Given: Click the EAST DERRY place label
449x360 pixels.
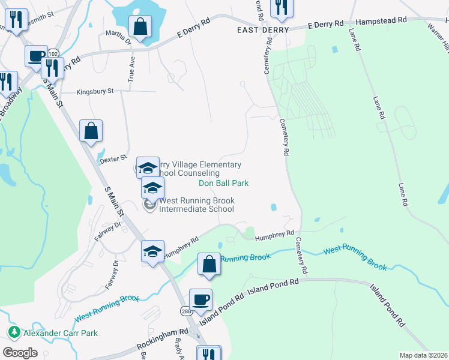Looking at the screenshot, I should point(263,29).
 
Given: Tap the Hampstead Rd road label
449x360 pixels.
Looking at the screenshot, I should point(381,20).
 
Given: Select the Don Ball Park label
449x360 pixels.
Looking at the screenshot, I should point(223,183).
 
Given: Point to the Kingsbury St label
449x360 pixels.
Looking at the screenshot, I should point(95,92).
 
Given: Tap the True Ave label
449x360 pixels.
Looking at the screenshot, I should point(131,70).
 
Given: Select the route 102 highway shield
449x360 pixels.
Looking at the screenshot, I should point(53,53).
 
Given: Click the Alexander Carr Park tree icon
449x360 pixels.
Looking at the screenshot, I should point(13,332).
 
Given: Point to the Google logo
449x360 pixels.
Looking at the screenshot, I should point(20,353).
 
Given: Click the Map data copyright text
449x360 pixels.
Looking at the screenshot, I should point(423,355).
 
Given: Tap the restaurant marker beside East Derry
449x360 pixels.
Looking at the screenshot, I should point(279,7).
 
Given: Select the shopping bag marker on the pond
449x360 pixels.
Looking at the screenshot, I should point(140,27).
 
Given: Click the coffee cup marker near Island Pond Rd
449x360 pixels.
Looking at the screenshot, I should point(200,299).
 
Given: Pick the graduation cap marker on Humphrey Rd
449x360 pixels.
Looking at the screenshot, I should point(152,251).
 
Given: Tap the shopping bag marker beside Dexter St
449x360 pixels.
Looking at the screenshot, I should point(91,131).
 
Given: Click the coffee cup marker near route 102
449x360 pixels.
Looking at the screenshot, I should point(36,56).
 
